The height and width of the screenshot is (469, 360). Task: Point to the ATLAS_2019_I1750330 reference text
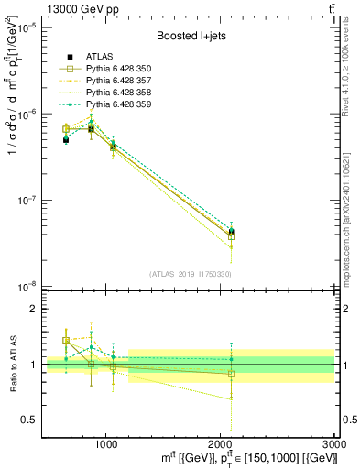point(190,274)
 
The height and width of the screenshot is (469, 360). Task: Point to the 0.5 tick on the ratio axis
point(29,420)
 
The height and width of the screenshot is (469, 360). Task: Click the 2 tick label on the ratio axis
point(34,309)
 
